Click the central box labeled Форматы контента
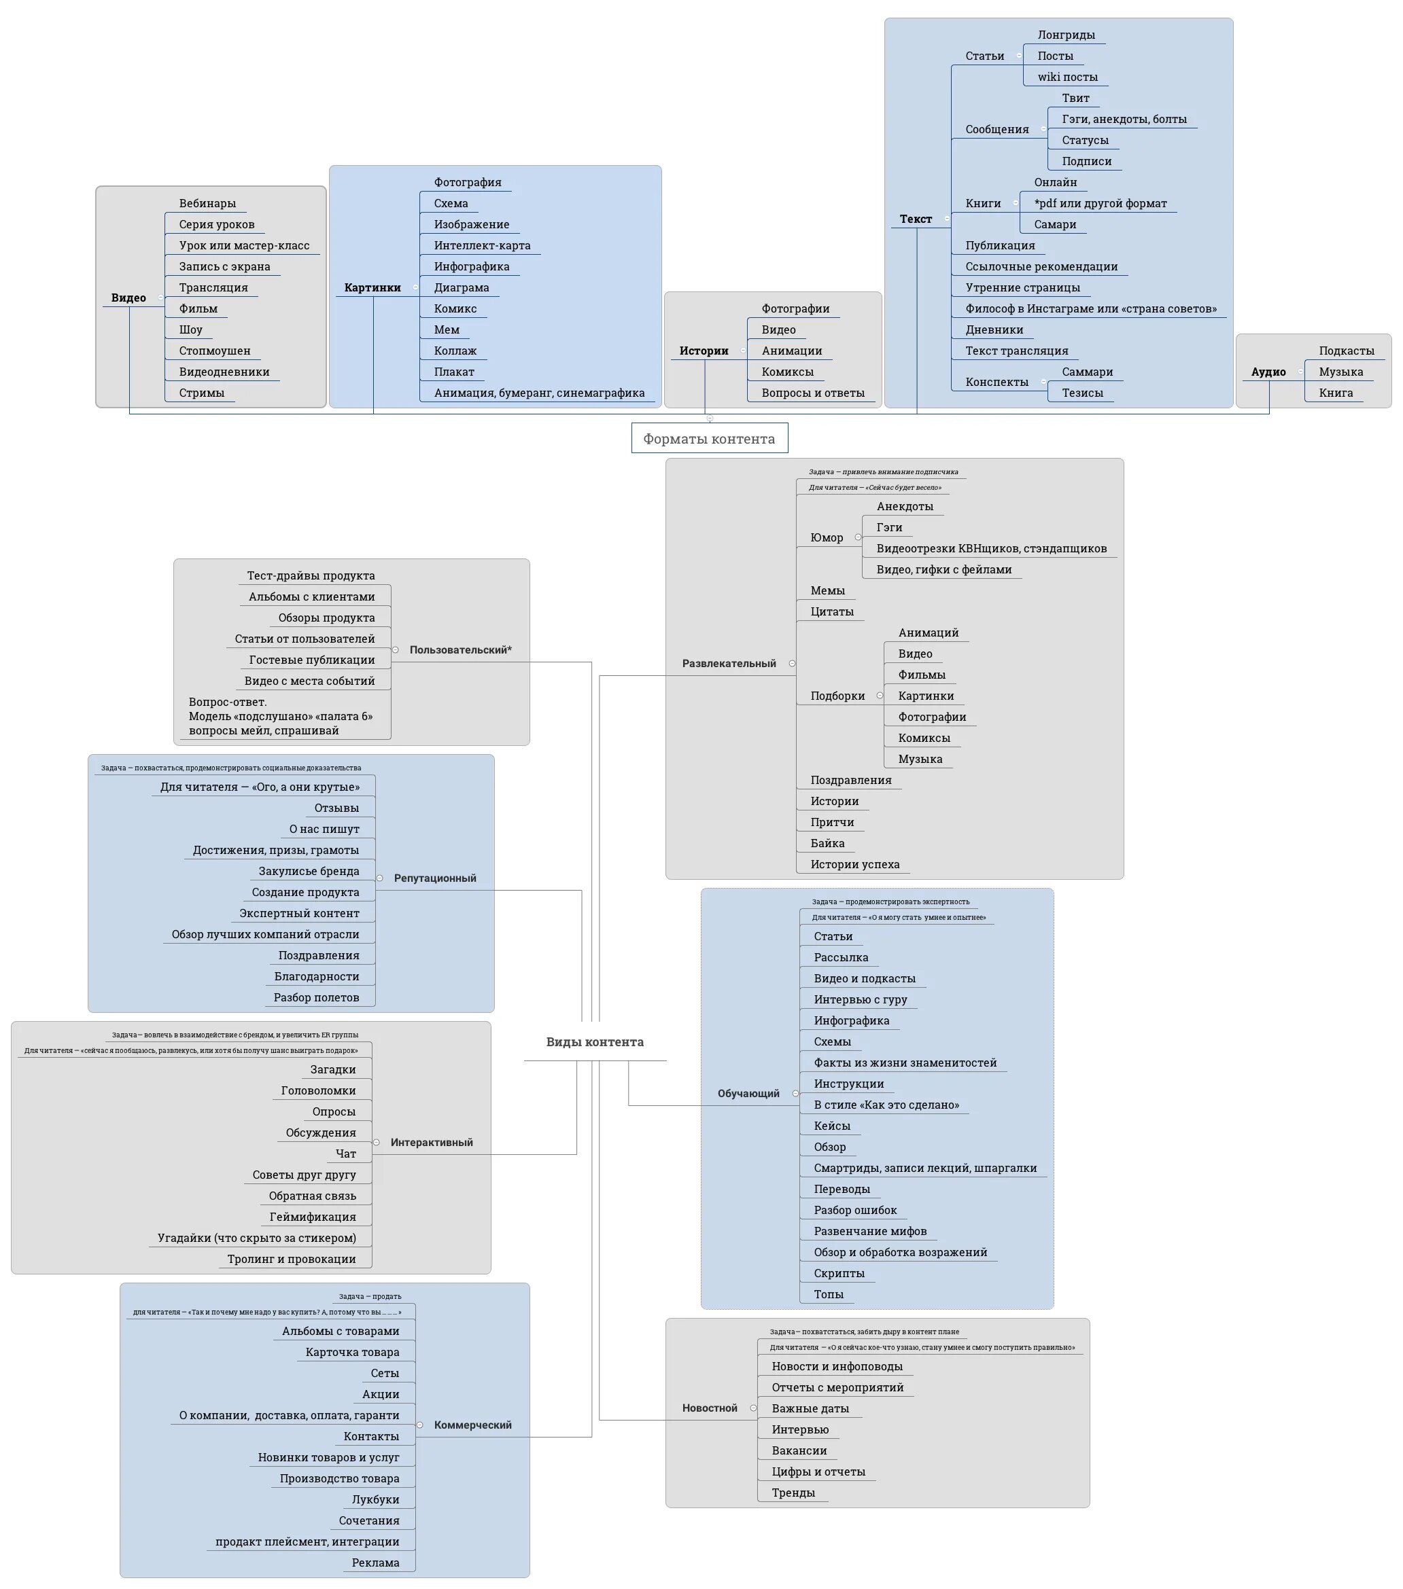click(708, 438)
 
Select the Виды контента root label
click(594, 1041)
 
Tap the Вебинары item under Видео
click(207, 204)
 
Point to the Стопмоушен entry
click(215, 351)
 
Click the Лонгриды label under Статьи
click(1065, 35)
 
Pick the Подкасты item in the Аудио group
click(1346, 351)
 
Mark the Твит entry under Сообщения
click(1075, 98)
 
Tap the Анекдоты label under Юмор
click(905, 506)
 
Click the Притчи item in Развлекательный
click(832, 822)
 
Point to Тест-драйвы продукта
click(311, 575)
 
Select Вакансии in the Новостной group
click(799, 1450)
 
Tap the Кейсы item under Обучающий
click(831, 1126)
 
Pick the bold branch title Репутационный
click(435, 878)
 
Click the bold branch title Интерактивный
click(431, 1142)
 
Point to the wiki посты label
click(1067, 77)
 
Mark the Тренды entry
click(793, 1492)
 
